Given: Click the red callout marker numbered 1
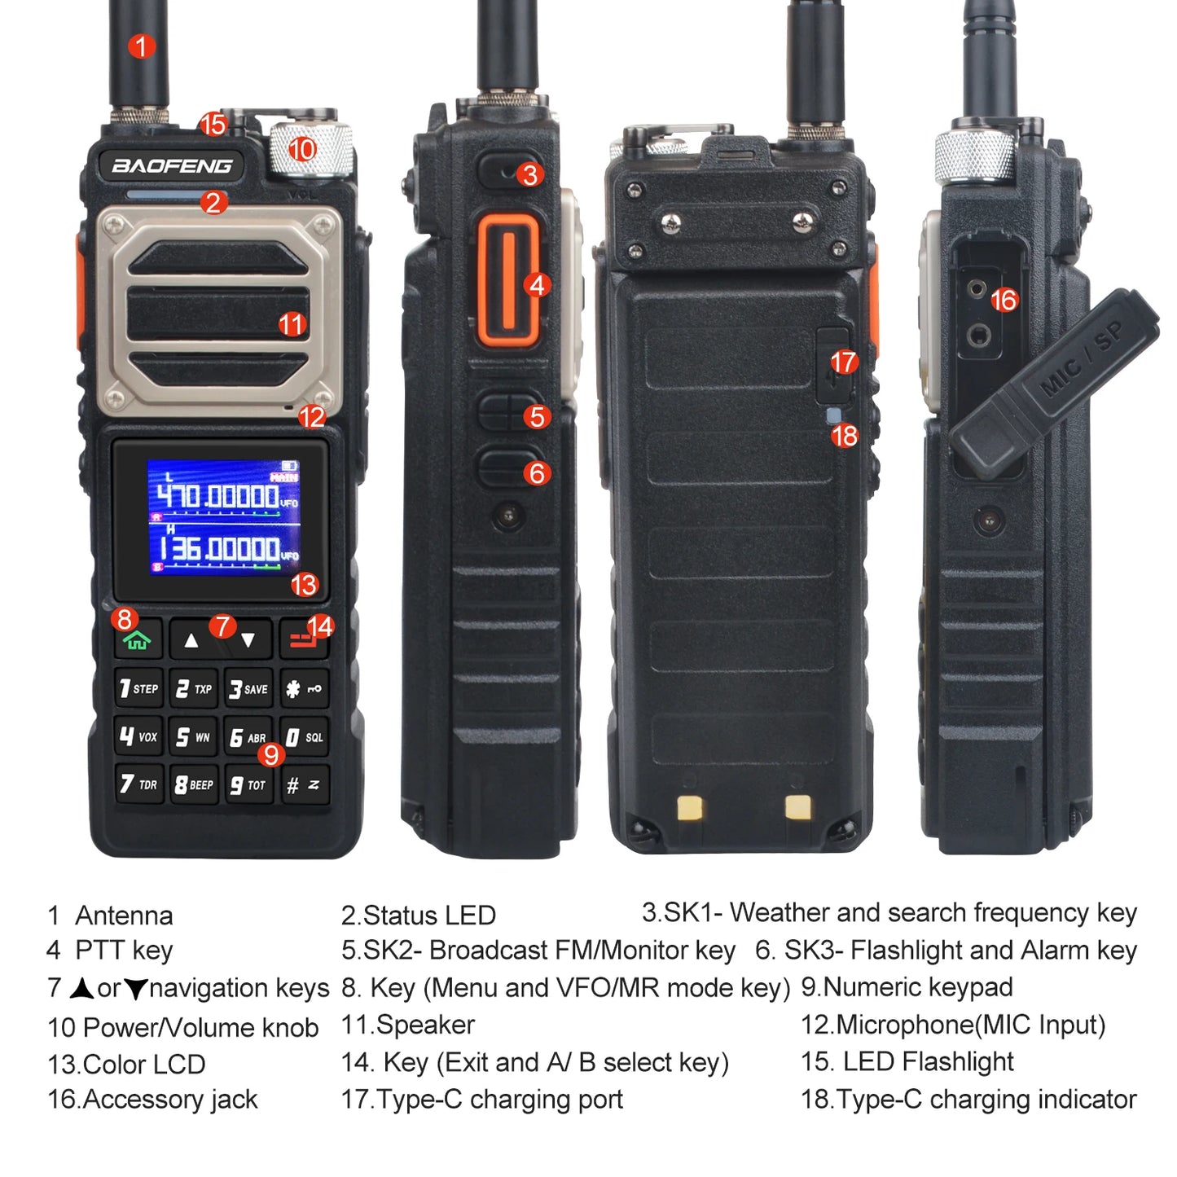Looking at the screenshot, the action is [141, 46].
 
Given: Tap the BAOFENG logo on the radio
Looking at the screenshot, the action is [172, 165].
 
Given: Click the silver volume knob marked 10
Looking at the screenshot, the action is [311, 150].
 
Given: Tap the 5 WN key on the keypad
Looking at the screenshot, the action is [193, 736].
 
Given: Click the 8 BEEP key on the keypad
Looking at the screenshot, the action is [194, 784].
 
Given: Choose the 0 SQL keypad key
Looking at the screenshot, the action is [305, 736].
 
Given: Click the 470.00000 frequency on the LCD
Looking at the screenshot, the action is [218, 495].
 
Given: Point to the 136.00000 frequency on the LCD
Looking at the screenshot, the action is [218, 548].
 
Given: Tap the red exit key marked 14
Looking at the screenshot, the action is [304, 639].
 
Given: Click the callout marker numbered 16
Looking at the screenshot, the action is [1004, 300].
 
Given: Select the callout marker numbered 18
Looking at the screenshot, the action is [845, 436].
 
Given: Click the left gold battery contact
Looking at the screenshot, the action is [690, 807].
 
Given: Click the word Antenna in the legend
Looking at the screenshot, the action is [124, 916].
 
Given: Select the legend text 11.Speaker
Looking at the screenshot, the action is [407, 1025].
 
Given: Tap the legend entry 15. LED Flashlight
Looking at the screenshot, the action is [907, 1061].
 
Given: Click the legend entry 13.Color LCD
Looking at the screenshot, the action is [126, 1064].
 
